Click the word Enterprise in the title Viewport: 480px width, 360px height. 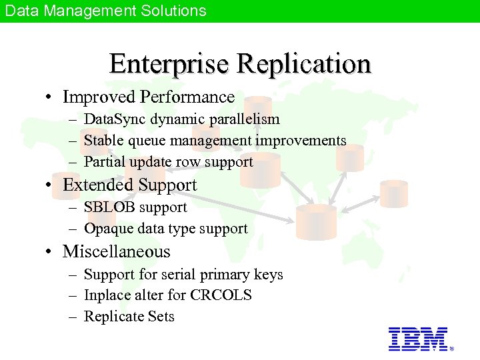tap(169, 64)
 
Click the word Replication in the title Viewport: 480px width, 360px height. tap(303, 64)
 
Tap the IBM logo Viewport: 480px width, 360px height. tap(418, 339)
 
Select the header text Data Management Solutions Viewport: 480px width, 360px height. tap(105, 11)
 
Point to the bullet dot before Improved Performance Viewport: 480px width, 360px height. tap(50, 97)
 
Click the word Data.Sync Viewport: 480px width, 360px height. tap(115, 119)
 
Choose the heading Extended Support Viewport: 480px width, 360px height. tap(129, 185)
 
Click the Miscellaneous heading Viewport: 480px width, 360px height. tap(116, 251)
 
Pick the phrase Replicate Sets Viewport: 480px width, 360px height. tap(129, 317)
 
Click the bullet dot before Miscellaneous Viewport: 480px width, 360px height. tap(50, 252)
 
